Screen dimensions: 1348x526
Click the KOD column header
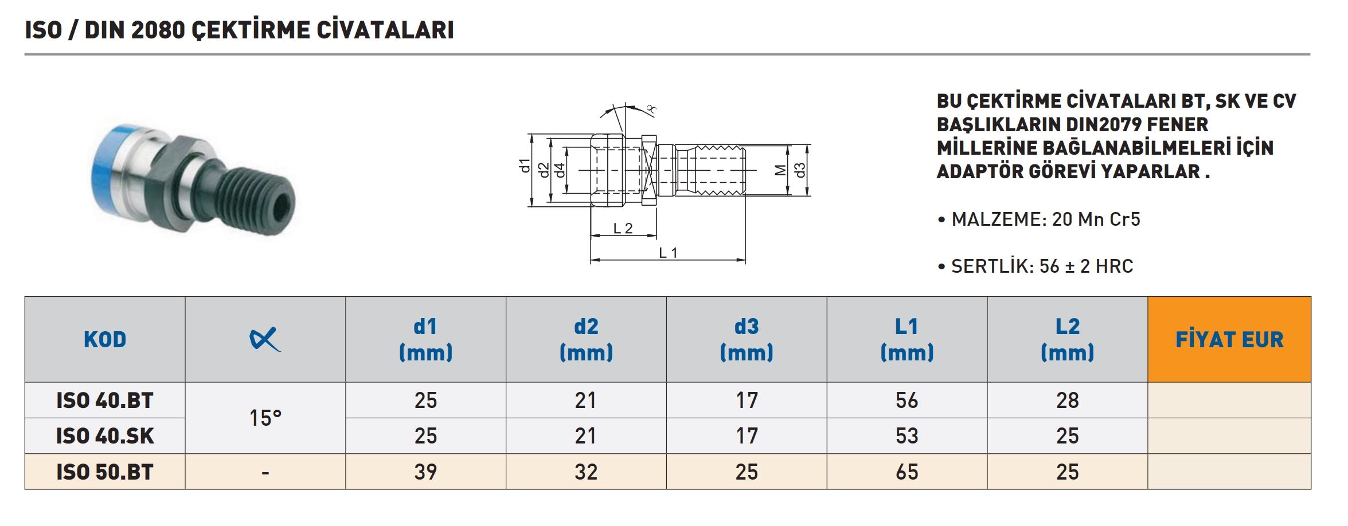[105, 340]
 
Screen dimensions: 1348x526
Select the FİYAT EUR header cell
[1229, 340]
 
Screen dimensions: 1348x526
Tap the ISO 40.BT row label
[105, 401]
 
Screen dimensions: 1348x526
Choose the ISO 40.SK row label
[105, 436]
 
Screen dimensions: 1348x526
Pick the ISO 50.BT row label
[105, 472]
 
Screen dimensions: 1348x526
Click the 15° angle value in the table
[265, 418]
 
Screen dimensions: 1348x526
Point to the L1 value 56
[907, 401]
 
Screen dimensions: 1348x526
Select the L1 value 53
[907, 436]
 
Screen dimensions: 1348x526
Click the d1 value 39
[425, 472]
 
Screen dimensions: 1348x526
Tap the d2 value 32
[586, 472]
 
